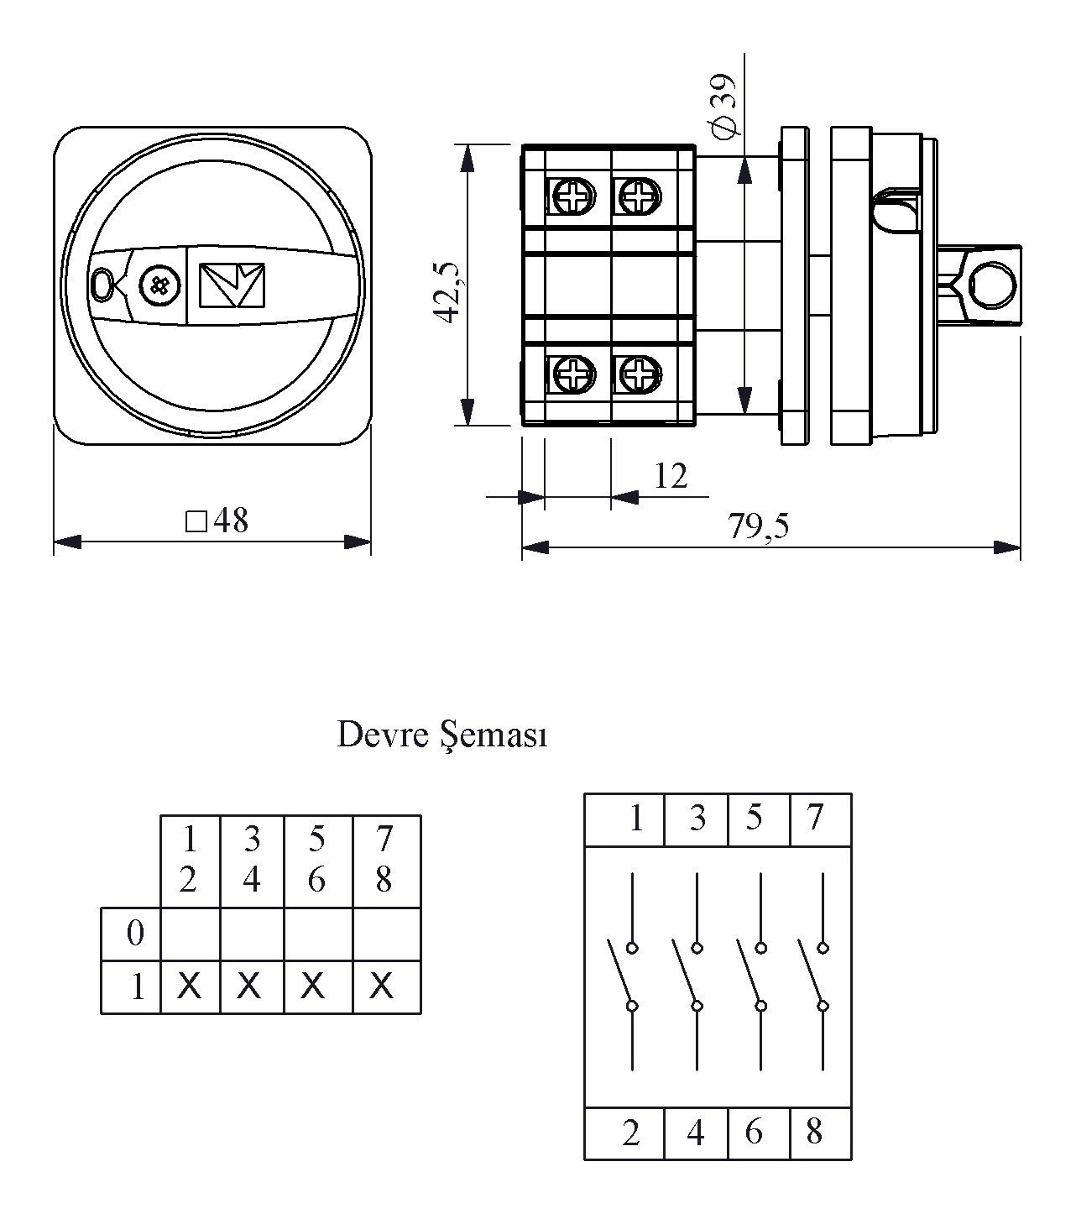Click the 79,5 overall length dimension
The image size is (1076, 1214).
(x=758, y=526)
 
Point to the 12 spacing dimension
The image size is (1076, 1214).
(x=671, y=477)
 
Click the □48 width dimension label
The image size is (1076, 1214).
(x=217, y=521)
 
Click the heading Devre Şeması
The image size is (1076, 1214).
(x=441, y=735)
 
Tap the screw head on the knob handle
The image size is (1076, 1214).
(x=159, y=285)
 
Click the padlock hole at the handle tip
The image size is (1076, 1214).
(x=102, y=285)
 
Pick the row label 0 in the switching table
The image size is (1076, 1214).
(x=134, y=934)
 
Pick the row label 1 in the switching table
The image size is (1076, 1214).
(x=138, y=987)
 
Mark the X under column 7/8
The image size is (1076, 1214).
(x=382, y=986)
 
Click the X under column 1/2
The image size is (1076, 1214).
(x=190, y=986)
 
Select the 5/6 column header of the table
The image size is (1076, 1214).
(x=316, y=859)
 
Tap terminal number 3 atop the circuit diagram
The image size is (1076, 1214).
(x=697, y=818)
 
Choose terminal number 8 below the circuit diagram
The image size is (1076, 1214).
(x=814, y=1133)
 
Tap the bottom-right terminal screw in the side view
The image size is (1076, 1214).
(x=640, y=373)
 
